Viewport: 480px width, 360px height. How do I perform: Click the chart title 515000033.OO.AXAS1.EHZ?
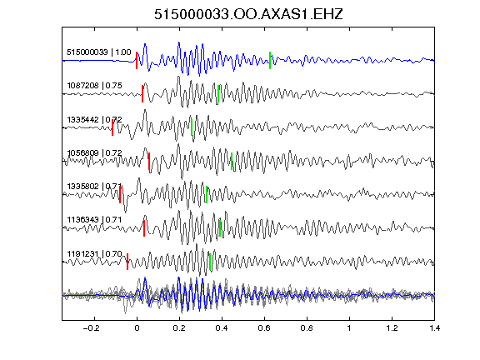[248, 14]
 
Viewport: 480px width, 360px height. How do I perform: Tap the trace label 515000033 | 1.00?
[99, 52]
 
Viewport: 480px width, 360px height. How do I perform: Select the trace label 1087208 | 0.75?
[95, 85]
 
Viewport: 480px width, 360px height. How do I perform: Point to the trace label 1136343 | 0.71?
[94, 220]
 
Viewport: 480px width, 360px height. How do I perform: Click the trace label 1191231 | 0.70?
[95, 254]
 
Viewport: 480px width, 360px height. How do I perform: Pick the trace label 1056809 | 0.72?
[95, 152]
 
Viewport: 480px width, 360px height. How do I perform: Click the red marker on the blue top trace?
[137, 60]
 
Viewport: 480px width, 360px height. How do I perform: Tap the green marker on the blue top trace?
[270, 60]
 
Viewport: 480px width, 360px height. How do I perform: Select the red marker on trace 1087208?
[142, 93]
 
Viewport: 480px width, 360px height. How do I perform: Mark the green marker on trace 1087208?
[218, 93]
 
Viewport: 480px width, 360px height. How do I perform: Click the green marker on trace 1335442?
[192, 127]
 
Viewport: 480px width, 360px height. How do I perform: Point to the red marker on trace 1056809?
[149, 161]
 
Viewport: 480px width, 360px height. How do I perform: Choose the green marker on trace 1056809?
[232, 161]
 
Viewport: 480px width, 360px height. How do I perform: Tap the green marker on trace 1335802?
[207, 194]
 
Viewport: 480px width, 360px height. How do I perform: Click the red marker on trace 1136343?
[144, 228]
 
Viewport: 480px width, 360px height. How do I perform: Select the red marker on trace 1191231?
[127, 262]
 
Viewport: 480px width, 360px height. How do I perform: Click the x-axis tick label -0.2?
[92, 328]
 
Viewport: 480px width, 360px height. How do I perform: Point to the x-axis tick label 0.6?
[264, 328]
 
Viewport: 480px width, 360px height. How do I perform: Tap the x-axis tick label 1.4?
[435, 328]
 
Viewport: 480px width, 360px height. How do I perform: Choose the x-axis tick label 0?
[137, 328]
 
